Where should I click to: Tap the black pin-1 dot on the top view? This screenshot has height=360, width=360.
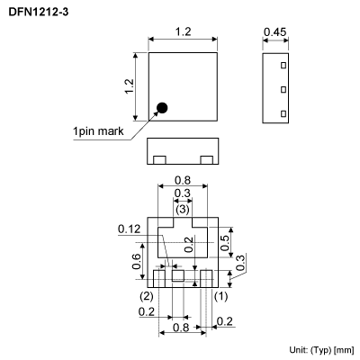(x=162, y=109)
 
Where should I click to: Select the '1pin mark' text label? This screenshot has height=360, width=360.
(x=98, y=131)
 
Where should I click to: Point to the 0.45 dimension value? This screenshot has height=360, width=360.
(x=274, y=32)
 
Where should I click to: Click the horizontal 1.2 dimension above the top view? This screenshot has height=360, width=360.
(x=183, y=32)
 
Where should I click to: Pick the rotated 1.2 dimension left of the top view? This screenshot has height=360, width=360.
(x=129, y=87)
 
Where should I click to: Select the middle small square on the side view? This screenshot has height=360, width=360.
(x=282, y=89)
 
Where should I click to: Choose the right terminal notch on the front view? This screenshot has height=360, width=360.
(x=206, y=159)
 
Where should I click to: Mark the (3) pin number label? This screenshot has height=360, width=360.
(x=182, y=209)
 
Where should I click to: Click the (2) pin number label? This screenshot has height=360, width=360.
(x=145, y=295)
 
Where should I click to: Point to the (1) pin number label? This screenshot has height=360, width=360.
(x=220, y=295)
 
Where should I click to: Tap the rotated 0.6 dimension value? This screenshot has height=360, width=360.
(x=137, y=261)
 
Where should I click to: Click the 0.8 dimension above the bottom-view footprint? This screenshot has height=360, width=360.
(x=182, y=179)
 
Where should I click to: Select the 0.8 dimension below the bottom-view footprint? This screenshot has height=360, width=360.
(x=182, y=328)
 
